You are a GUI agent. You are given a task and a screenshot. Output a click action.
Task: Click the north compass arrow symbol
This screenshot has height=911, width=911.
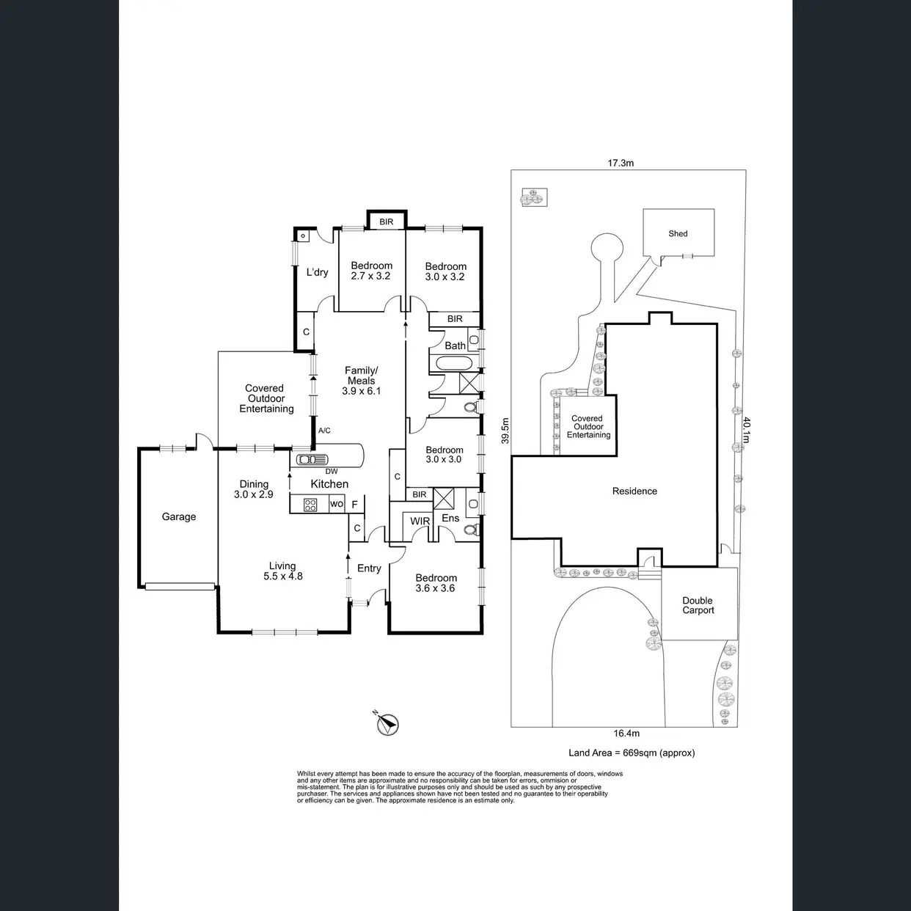389,724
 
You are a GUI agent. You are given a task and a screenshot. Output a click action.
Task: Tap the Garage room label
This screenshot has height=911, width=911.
179,516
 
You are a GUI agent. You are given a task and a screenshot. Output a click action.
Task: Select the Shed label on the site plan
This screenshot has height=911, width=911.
678,233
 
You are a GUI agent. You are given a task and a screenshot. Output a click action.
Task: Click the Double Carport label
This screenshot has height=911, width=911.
698,605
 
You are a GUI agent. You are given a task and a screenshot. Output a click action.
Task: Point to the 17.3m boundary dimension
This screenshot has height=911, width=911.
621,163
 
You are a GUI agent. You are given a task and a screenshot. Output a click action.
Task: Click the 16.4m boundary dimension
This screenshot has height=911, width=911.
626,733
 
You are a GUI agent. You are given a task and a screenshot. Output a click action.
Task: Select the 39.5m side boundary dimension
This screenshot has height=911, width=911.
505,431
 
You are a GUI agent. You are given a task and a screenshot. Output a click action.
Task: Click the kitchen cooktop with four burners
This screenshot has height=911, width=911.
310,505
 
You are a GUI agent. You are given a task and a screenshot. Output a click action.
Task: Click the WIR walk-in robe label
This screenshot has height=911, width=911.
420,522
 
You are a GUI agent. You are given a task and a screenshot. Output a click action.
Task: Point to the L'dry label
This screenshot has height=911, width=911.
317,272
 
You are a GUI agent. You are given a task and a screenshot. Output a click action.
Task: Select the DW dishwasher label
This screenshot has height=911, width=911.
332,472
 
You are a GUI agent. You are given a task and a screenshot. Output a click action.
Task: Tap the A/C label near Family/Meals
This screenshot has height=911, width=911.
324,431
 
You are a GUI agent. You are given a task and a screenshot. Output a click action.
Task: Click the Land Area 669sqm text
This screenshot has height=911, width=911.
632,753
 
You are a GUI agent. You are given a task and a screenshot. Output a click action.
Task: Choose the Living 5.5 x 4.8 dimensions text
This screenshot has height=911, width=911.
282,577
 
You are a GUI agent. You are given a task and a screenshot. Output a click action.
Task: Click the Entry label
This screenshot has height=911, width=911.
369,568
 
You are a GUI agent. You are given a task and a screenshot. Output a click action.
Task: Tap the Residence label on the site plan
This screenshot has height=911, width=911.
634,491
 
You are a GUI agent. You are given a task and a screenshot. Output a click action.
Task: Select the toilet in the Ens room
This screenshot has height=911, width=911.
470,530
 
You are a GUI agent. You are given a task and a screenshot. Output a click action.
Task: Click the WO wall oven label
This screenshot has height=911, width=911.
337,504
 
